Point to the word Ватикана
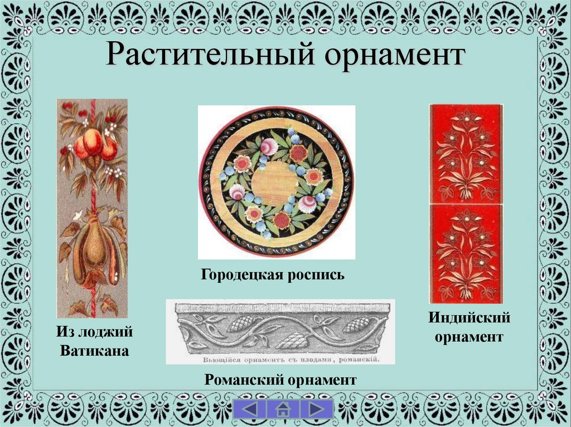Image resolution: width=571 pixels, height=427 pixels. point(94,351)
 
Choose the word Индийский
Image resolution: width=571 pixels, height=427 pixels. point(470,318)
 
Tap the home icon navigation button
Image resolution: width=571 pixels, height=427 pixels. point(283,409)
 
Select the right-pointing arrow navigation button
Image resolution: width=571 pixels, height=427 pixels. point(316,408)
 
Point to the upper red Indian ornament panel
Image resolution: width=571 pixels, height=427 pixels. point(466,153)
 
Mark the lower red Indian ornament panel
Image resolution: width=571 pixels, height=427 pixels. point(466,253)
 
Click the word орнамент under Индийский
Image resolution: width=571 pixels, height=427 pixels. point(470,337)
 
